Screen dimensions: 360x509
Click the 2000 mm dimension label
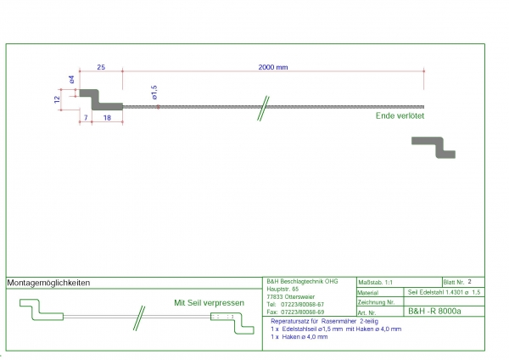point(272,66)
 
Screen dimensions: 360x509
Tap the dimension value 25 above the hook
point(101,66)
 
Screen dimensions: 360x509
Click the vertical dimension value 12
point(57,100)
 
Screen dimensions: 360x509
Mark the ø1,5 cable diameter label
point(154,92)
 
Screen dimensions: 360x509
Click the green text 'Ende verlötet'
point(400,116)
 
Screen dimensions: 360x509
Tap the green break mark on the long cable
point(265,107)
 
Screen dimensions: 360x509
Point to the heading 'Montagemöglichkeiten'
point(48,283)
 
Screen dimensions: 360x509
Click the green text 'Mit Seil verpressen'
point(209,303)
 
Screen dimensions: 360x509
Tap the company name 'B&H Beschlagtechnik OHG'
point(302,281)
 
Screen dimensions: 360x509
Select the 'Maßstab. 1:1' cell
point(376,281)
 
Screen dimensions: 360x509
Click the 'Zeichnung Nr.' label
point(377,301)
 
